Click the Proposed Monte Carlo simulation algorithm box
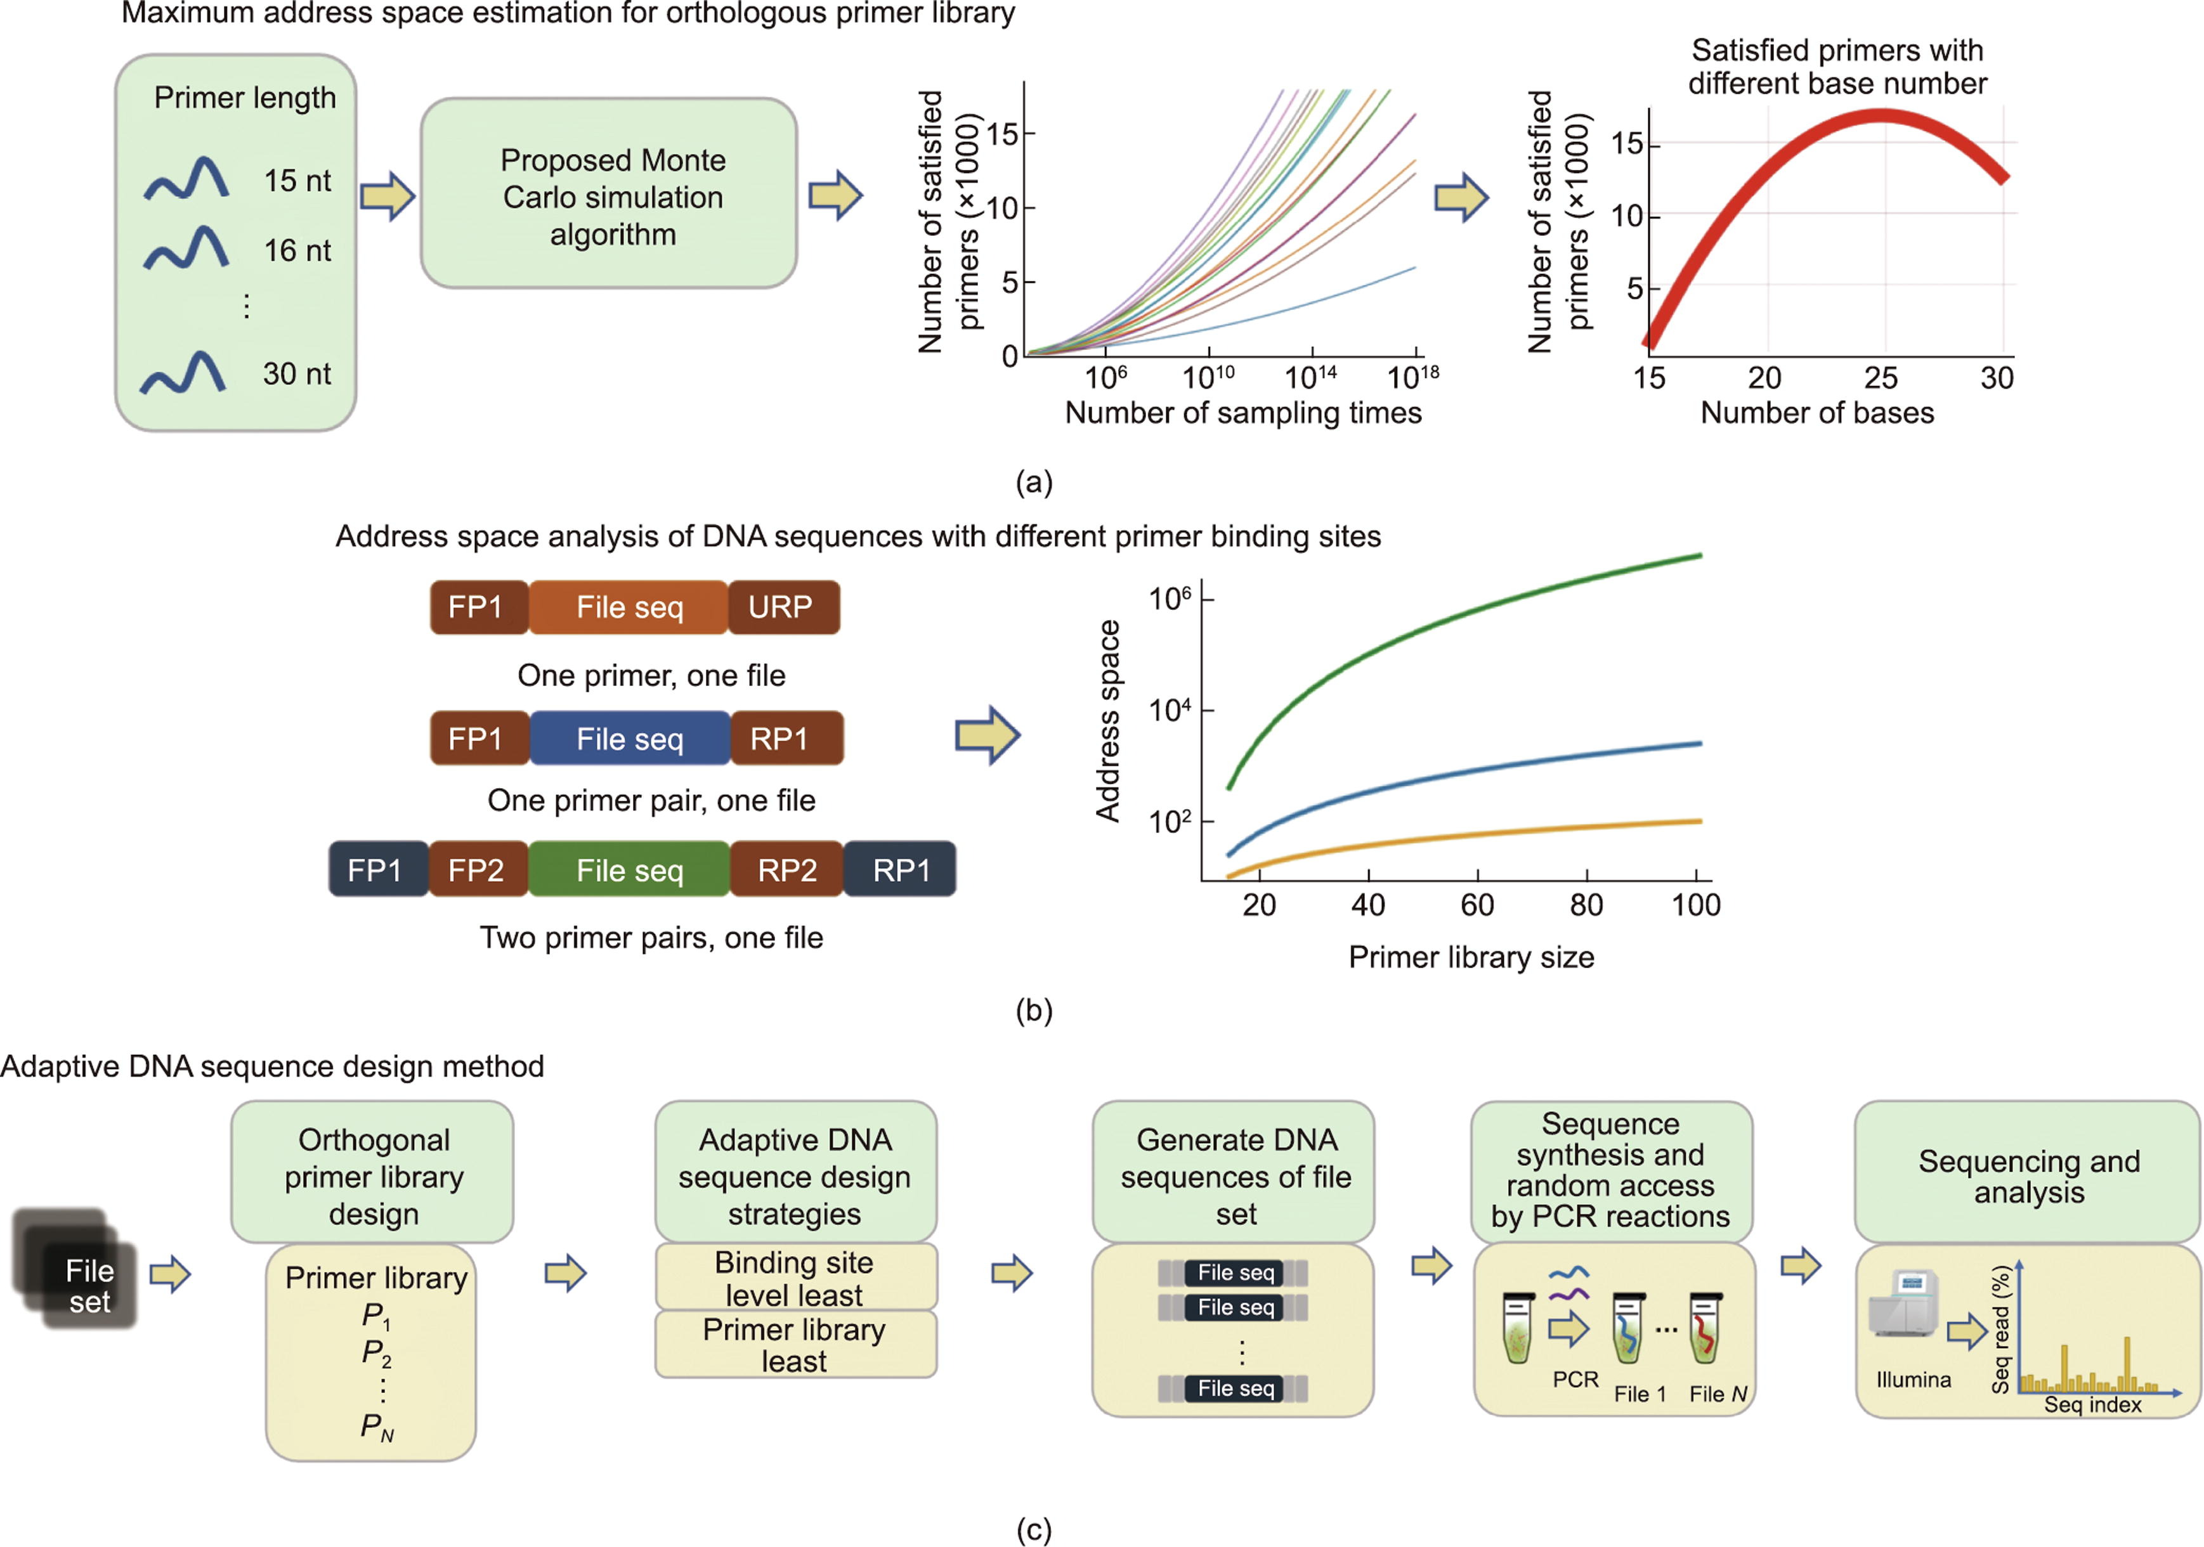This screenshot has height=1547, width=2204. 609,193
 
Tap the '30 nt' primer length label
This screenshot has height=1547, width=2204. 297,373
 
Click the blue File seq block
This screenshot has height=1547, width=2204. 630,738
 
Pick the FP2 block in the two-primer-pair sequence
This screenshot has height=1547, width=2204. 477,869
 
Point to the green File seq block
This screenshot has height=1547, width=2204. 630,869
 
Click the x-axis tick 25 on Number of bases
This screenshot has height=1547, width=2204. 1881,378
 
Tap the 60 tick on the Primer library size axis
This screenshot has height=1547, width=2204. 1477,904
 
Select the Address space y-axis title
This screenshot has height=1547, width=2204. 1109,721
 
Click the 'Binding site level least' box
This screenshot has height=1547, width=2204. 795,1278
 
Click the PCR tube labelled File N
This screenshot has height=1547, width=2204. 1704,1329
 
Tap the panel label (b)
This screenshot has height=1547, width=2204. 1034,1009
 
